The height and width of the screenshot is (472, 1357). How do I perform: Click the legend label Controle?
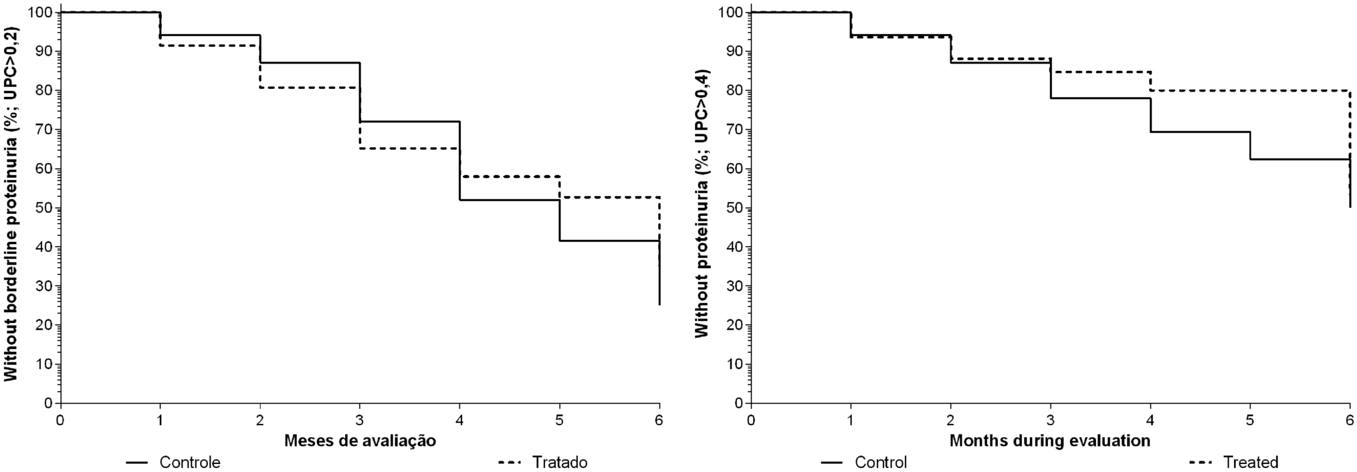[189, 462]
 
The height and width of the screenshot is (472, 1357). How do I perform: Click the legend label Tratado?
[559, 462]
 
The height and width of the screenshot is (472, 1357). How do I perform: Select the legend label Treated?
[1250, 462]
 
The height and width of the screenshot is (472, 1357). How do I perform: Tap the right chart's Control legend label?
[880, 462]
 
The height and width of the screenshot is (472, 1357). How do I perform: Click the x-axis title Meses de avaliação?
[360, 441]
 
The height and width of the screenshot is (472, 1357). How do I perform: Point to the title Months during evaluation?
[1050, 441]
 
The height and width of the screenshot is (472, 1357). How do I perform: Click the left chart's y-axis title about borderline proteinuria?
[11, 204]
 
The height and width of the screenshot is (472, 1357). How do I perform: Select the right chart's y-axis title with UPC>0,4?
[702, 204]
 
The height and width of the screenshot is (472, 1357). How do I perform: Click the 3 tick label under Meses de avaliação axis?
[360, 421]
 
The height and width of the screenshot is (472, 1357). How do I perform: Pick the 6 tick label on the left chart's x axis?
[659, 421]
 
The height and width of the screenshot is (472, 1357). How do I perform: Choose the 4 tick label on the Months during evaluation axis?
[1150, 421]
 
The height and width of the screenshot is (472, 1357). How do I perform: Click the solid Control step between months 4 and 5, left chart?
[510, 200]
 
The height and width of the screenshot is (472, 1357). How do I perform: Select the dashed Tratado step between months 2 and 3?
[310, 88]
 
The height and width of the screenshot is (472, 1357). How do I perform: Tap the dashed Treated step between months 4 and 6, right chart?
[1250, 90]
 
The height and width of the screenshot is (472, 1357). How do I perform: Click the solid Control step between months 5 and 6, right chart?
[1300, 159]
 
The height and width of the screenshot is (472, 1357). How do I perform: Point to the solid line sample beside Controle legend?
[138, 462]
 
